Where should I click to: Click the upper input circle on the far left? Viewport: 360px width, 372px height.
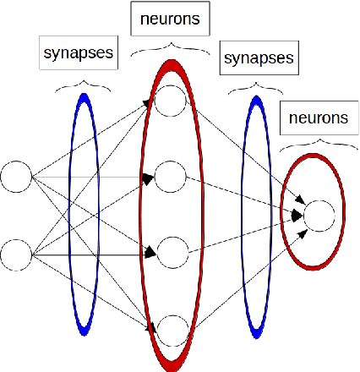tap(16, 178)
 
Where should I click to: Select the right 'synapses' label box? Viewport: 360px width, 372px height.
tap(258, 58)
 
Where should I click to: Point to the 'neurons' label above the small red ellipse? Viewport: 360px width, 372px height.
tap(316, 118)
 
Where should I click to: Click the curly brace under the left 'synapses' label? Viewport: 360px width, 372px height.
tap(83, 85)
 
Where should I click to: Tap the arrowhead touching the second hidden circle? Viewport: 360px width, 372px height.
tap(148, 178)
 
